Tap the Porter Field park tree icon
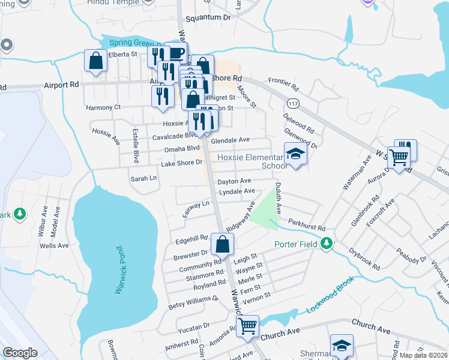[x=327, y=244]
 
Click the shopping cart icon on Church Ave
[x=247, y=326]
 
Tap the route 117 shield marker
[x=293, y=103]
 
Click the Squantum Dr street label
[x=208, y=18]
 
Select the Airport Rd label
[x=61, y=85]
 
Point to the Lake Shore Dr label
[x=181, y=163]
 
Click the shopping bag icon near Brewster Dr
[x=222, y=244]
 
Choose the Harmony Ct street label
[x=103, y=107]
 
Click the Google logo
[x=20, y=352]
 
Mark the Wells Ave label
[x=54, y=245]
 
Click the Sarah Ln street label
[x=143, y=178]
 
